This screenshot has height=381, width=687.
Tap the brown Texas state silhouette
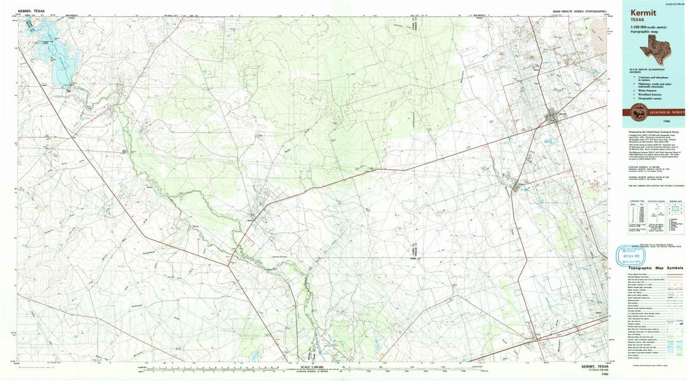655,48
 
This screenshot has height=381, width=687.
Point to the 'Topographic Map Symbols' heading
655,268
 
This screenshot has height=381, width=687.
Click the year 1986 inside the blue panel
665,120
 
